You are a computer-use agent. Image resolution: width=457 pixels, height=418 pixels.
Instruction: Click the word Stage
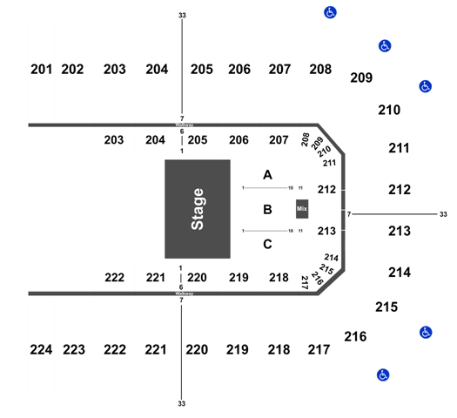click(198, 209)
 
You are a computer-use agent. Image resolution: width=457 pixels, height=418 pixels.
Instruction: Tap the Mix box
click(302, 209)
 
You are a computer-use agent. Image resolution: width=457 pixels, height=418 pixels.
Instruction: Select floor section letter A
click(267, 175)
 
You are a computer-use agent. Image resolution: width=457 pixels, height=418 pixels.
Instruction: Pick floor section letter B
click(267, 209)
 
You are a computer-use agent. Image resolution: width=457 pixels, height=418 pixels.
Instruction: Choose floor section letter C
click(267, 244)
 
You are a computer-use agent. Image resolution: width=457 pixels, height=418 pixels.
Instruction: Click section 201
click(42, 70)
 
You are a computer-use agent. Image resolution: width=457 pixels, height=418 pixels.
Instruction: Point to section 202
click(72, 70)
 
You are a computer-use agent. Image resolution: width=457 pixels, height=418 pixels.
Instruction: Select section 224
click(41, 349)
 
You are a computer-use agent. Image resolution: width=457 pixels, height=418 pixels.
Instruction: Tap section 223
click(74, 349)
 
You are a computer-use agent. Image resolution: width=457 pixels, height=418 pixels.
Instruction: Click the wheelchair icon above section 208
click(330, 12)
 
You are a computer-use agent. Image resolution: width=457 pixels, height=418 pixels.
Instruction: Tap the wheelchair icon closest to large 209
click(385, 46)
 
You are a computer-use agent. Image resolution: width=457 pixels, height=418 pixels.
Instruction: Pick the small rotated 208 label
click(305, 139)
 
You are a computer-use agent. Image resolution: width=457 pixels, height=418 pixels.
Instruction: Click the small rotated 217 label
click(305, 282)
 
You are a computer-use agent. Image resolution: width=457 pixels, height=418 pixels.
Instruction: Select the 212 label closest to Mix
click(326, 190)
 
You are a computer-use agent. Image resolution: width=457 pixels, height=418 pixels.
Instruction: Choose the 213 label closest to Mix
click(326, 231)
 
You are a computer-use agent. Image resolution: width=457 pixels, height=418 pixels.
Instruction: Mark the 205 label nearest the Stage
click(198, 140)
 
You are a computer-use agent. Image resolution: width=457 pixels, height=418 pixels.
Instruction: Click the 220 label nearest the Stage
click(197, 278)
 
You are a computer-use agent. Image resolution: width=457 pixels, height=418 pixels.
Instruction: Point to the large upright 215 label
click(386, 307)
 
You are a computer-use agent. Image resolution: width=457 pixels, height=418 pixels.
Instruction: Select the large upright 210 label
click(389, 110)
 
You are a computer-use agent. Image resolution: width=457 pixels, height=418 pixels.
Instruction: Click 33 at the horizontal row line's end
click(443, 214)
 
